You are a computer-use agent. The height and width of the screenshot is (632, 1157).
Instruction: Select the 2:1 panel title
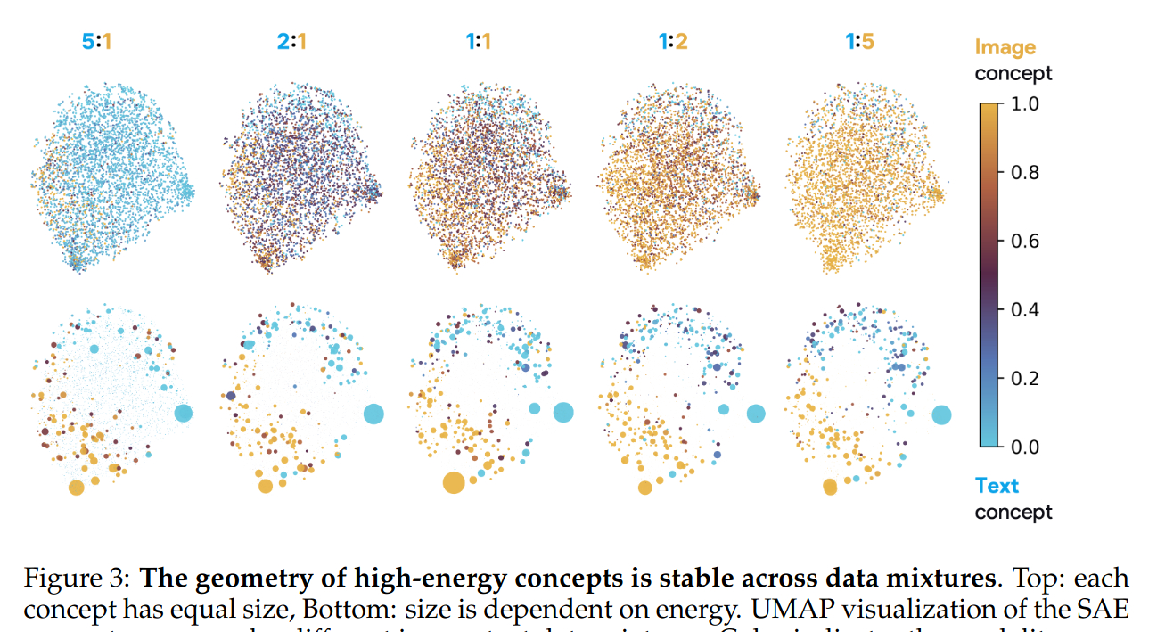coord(290,41)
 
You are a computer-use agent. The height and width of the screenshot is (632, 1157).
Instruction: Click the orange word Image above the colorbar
coord(1005,48)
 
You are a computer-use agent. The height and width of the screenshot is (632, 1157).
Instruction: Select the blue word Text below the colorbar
coord(997,486)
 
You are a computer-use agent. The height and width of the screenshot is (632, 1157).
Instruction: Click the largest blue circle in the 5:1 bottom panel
coord(184,413)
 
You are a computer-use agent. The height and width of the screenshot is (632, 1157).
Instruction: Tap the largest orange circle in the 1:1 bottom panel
coord(454,483)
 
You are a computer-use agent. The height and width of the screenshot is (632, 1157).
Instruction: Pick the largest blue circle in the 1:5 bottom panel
coord(941,414)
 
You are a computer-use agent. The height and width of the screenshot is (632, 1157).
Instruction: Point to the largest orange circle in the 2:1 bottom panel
coord(266,486)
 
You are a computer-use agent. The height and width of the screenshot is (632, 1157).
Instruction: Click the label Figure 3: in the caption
coord(76,579)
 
